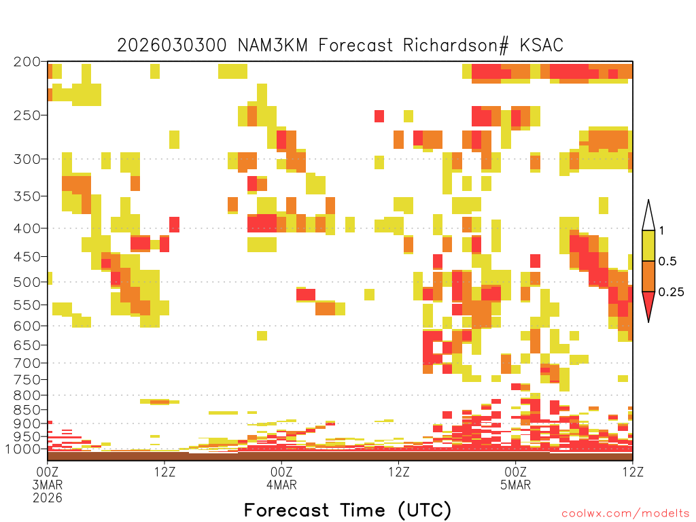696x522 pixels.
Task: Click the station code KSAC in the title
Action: coord(542,46)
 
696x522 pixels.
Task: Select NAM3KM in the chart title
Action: coord(273,46)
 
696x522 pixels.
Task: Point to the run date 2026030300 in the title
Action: coord(172,46)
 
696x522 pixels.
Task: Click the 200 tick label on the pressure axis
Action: coord(27,62)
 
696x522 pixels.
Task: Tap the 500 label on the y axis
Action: coord(27,282)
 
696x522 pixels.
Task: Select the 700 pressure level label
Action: coord(27,363)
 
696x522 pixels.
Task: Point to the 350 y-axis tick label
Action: coord(27,196)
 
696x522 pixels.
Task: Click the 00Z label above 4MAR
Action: coord(281,472)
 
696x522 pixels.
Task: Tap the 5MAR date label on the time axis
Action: coord(515,485)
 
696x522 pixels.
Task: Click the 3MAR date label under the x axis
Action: coord(48,485)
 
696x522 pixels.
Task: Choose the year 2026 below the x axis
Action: coord(48,498)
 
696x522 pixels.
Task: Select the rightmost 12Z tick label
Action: coord(633,472)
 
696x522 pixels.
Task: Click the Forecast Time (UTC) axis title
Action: coord(347,510)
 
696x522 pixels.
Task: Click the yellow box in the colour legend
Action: coord(648,245)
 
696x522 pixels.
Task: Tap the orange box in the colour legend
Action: coord(648,276)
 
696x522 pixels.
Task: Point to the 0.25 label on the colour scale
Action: coord(671,292)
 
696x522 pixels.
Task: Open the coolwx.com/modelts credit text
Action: coord(625,514)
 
